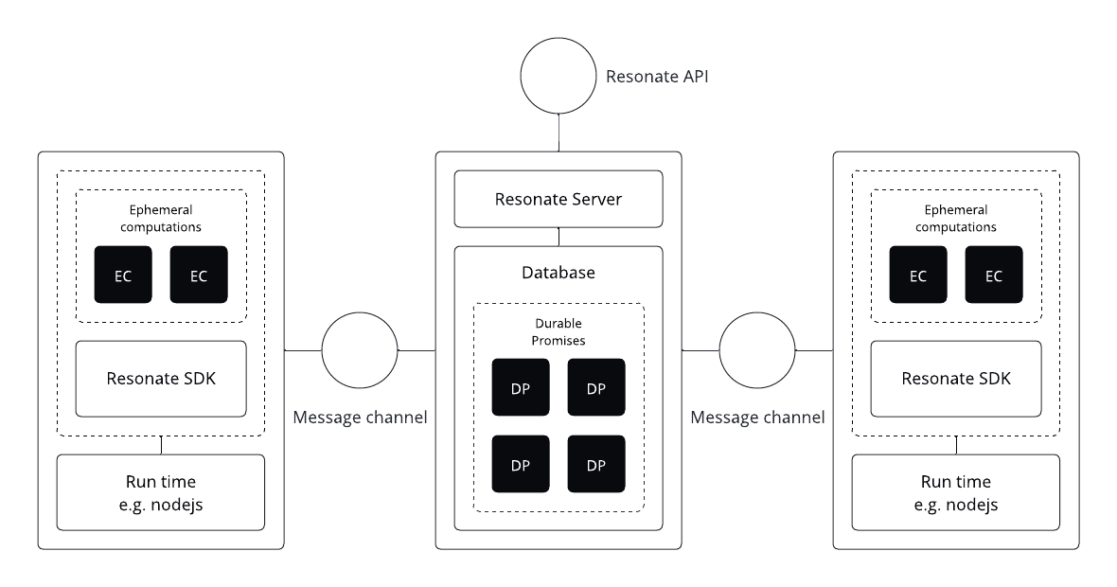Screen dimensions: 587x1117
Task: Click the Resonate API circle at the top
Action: (x=558, y=76)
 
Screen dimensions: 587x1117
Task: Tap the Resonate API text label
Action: (x=657, y=76)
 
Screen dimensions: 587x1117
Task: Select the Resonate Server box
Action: (x=558, y=199)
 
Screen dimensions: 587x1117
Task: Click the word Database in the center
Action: (x=558, y=273)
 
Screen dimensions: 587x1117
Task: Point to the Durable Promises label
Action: (x=558, y=332)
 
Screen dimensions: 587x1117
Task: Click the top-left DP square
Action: (x=521, y=387)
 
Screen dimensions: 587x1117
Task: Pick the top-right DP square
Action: (x=596, y=387)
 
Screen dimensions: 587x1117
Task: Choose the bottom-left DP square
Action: (x=521, y=464)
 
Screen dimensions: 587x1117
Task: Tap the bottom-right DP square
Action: (x=596, y=464)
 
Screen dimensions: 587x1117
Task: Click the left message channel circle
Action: (x=360, y=350)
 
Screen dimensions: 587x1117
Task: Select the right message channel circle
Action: (x=757, y=350)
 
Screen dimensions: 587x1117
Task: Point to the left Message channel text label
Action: (x=360, y=417)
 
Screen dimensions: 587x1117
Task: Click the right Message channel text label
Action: (x=757, y=417)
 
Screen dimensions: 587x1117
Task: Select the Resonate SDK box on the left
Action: (x=161, y=379)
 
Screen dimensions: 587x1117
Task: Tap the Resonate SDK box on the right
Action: (x=956, y=379)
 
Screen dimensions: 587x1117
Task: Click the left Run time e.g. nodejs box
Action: (x=161, y=492)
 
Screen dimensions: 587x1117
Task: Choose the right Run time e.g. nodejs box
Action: (x=956, y=492)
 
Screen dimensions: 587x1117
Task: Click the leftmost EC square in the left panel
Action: (x=123, y=275)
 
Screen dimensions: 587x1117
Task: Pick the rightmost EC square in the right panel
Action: (x=994, y=275)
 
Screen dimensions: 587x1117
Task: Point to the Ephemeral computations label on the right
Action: (x=956, y=219)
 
